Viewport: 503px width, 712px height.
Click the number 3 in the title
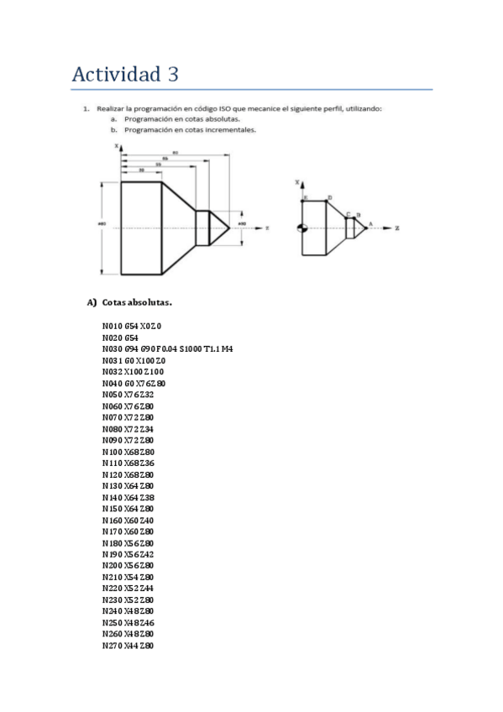coord(173,75)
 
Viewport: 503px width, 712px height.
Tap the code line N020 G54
coord(119,337)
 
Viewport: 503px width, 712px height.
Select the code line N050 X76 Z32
coord(128,394)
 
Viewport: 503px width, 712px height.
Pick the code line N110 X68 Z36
coord(128,463)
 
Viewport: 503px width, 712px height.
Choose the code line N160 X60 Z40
coord(128,520)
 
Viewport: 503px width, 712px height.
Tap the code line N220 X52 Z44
coord(128,589)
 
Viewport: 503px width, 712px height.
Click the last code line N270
coord(128,646)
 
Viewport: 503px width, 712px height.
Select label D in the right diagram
coord(328,197)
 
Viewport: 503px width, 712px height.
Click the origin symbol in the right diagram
coord(303,228)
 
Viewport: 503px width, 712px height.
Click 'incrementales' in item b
coord(233,130)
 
